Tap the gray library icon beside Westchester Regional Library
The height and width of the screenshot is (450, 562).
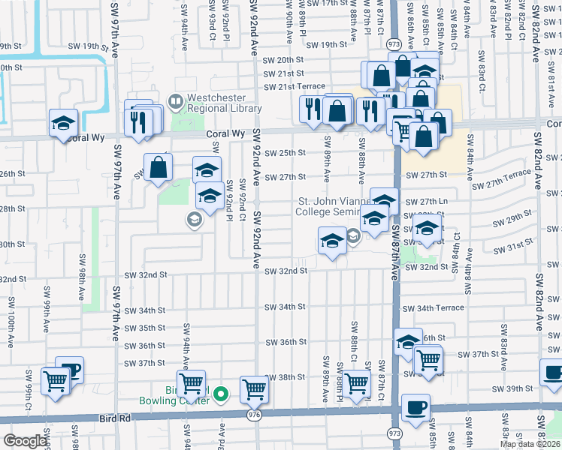[x=175, y=99]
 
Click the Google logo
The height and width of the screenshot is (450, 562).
[x=25, y=441]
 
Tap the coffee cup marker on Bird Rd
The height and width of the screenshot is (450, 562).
[x=415, y=407]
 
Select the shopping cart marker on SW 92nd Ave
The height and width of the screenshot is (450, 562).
[x=255, y=388]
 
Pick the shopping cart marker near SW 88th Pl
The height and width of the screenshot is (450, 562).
[x=356, y=382]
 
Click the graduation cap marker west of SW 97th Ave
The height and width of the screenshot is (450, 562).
[x=64, y=122]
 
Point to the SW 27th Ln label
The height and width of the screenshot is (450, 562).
[x=427, y=202]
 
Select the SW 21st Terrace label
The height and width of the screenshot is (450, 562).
[x=294, y=86]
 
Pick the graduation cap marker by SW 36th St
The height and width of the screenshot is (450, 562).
[x=408, y=342]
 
